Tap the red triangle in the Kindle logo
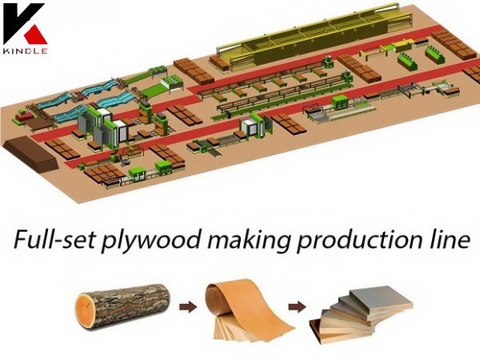tap(35, 33)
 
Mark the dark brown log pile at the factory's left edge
tap(30, 152)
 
